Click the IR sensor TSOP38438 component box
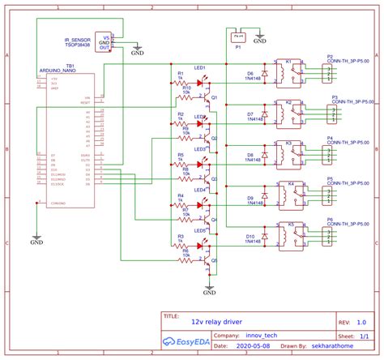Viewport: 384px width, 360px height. [x=104, y=41]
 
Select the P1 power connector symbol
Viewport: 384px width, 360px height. [x=237, y=36]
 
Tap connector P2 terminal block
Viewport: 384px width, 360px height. [x=324, y=73]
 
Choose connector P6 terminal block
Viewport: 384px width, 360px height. [x=324, y=235]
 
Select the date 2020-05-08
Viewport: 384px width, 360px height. [x=254, y=344]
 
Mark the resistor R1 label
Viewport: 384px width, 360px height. [x=180, y=74]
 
